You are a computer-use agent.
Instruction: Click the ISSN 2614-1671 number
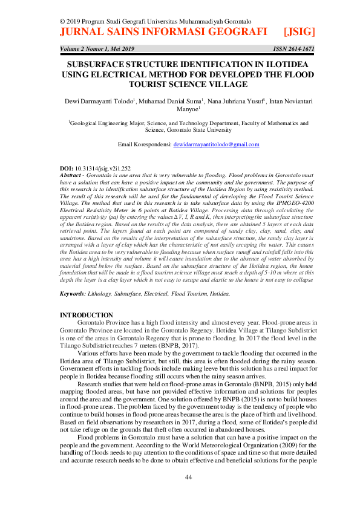pyautogui.click(x=295, y=48)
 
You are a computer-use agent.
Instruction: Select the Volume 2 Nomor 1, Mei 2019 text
pyautogui.click(x=99, y=48)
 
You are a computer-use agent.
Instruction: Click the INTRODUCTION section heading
pyautogui.click(x=87, y=315)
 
